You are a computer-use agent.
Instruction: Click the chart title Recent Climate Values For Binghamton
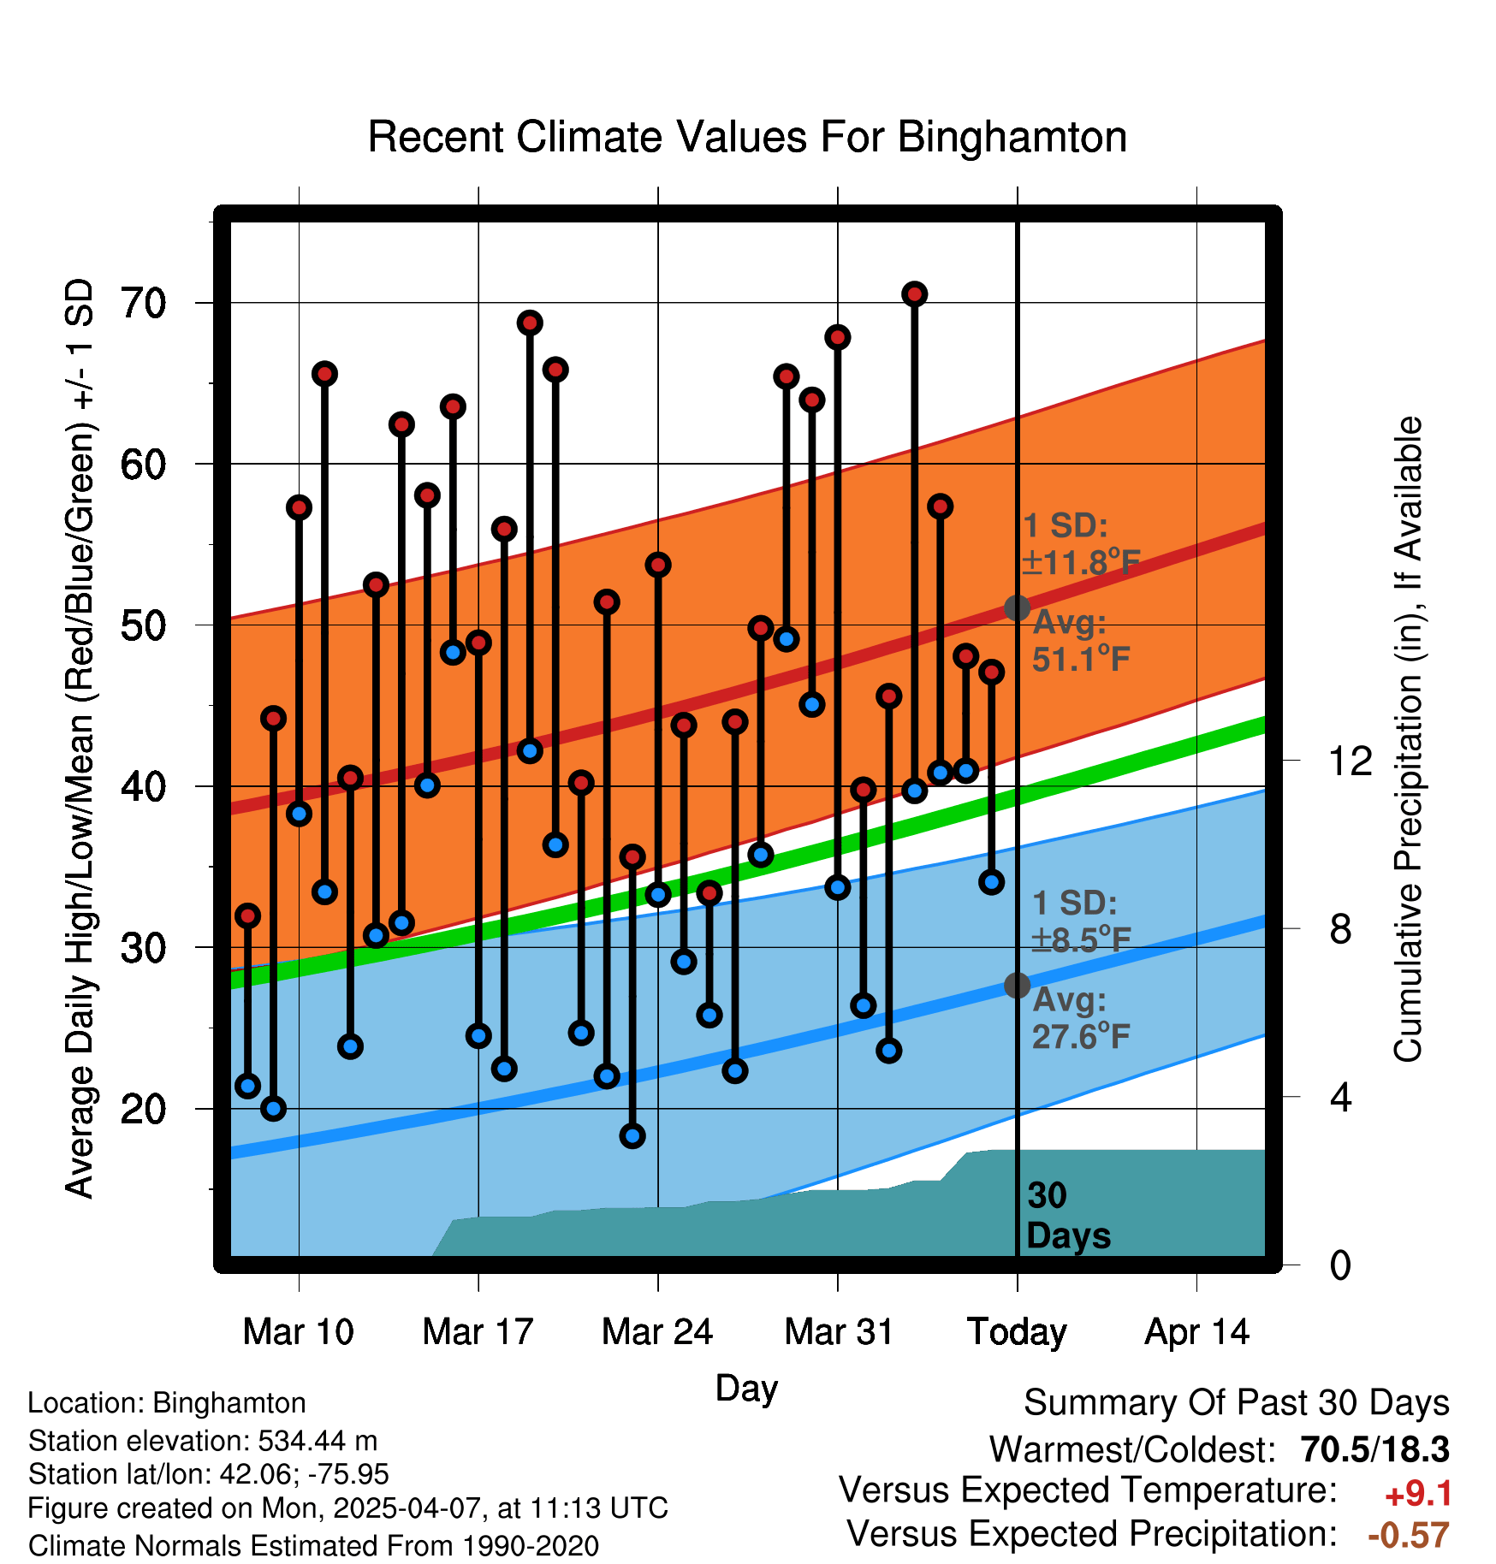pyautogui.click(x=747, y=138)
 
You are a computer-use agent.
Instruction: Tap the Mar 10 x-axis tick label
pyautogui.click(x=298, y=1332)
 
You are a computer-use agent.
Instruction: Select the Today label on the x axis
pyautogui.click(x=1017, y=1332)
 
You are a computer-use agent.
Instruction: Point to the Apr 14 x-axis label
pyautogui.click(x=1196, y=1332)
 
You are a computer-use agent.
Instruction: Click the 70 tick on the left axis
pyautogui.click(x=144, y=303)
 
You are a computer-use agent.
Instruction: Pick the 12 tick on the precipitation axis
pyautogui.click(x=1350, y=761)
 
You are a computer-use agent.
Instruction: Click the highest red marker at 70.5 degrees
pyautogui.click(x=915, y=294)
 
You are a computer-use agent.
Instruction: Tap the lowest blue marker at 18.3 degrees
pyautogui.click(x=632, y=1136)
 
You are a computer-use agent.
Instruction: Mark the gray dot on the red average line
pyautogui.click(x=1017, y=608)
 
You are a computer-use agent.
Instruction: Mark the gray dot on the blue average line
pyautogui.click(x=1017, y=986)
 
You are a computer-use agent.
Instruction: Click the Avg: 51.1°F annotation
pyautogui.click(x=1080, y=641)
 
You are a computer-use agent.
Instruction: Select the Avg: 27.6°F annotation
pyautogui.click(x=1080, y=1018)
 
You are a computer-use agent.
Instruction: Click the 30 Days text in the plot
pyautogui.click(x=1067, y=1216)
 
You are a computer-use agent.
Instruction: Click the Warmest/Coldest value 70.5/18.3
pyautogui.click(x=1374, y=1449)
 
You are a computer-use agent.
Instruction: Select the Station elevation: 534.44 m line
pyautogui.click(x=203, y=1441)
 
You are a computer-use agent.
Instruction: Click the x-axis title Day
pyautogui.click(x=746, y=1388)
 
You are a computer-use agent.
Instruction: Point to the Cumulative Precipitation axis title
pyautogui.click(x=1407, y=739)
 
